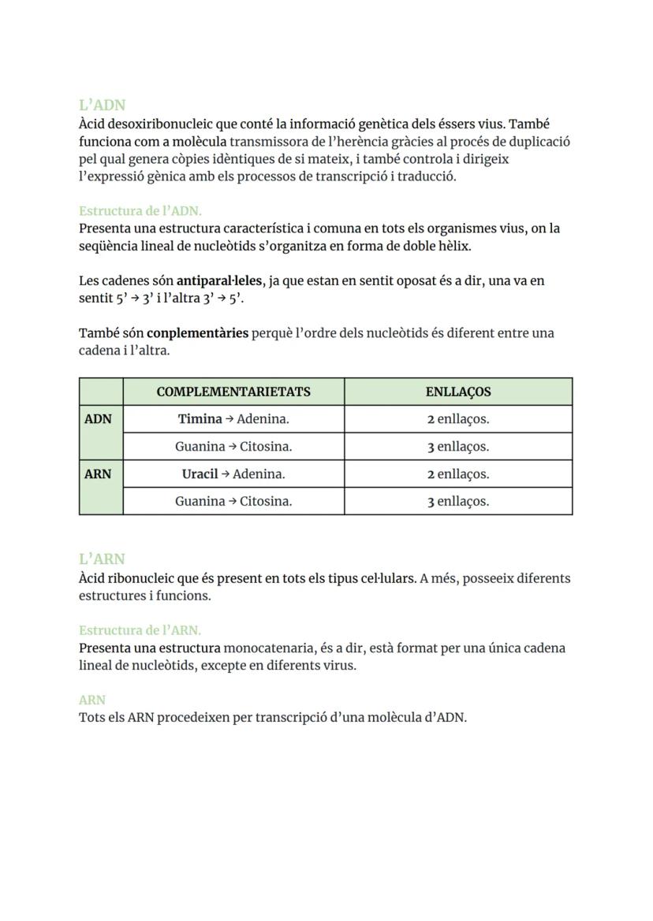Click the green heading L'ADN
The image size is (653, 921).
tap(102, 105)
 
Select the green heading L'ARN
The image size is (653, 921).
tap(102, 559)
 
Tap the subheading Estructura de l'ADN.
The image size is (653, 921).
tap(140, 211)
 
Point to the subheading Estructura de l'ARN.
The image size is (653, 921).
tap(140, 630)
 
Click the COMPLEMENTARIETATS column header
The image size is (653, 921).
tap(233, 392)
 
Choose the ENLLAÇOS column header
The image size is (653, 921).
tap(457, 392)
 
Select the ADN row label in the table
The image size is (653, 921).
tap(98, 419)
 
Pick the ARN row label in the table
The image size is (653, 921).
tap(98, 474)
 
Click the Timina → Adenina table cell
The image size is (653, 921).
tap(233, 419)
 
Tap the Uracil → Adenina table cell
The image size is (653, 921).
tap(233, 474)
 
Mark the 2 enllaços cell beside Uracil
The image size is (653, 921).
tap(457, 474)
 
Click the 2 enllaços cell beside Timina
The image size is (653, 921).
tap(457, 419)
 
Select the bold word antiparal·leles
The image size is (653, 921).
tap(221, 280)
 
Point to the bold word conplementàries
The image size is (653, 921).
tap(197, 333)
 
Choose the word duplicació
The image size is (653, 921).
tap(537, 142)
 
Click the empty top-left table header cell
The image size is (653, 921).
tap(101, 392)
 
